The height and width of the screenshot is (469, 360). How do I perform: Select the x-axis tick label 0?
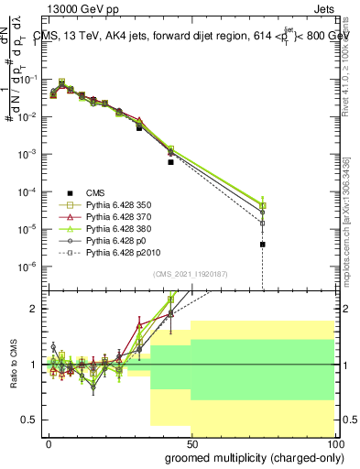[49, 442]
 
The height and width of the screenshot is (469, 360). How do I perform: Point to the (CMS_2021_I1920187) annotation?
[190, 274]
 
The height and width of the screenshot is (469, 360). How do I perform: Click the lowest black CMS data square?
[262, 245]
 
